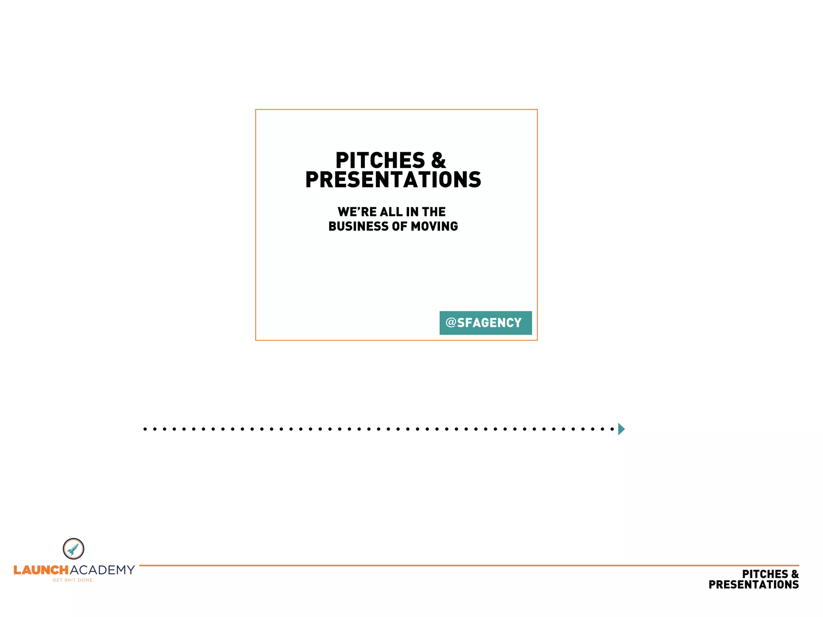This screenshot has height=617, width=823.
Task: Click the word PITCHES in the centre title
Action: (x=380, y=161)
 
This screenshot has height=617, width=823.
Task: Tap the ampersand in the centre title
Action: (x=438, y=161)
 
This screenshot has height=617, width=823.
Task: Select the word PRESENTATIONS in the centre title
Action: (x=393, y=180)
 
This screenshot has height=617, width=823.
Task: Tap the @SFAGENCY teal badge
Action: (x=485, y=323)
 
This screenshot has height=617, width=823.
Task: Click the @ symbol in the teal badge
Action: (x=451, y=322)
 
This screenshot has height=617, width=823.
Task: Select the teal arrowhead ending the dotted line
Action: (x=621, y=429)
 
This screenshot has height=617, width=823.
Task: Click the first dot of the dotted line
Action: (x=145, y=429)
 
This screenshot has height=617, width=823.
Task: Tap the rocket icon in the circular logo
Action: (x=73, y=549)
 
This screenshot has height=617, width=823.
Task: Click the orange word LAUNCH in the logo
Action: (x=41, y=570)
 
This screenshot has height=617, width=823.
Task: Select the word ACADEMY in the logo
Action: (x=102, y=570)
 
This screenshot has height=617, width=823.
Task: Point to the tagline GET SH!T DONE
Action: (x=73, y=580)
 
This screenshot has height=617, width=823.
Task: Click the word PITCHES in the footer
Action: (x=765, y=574)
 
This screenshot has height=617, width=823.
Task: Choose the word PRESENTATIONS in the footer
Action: (x=753, y=585)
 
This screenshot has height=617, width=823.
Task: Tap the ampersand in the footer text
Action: (x=795, y=574)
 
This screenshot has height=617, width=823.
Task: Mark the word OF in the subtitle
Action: (x=399, y=226)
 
